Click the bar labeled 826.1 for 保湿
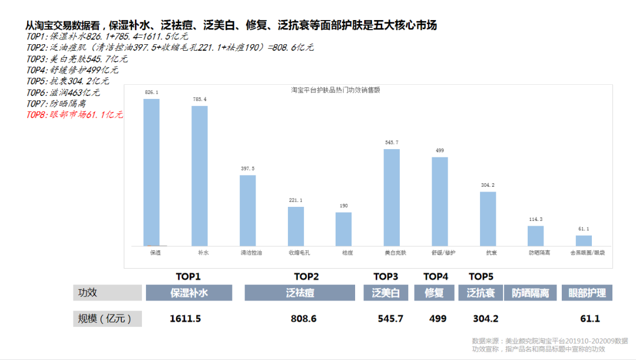[x=151, y=172]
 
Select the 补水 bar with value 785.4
[x=199, y=176]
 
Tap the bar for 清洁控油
[x=247, y=210]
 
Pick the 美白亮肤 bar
[x=392, y=197]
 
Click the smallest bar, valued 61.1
[x=584, y=240]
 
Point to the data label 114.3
[x=535, y=219]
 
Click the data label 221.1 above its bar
[x=296, y=200]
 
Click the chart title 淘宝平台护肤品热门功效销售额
[x=335, y=90]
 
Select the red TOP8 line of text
[x=75, y=115]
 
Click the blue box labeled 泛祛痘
[x=300, y=293]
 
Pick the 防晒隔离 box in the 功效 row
[x=530, y=293]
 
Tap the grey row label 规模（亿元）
[x=107, y=319]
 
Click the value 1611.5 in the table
[x=185, y=319]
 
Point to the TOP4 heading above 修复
[x=436, y=276]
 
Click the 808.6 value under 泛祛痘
[x=303, y=319]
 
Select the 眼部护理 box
[x=587, y=293]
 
